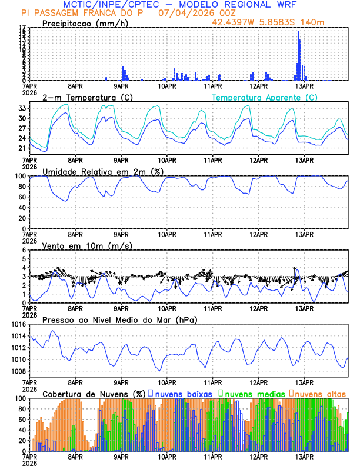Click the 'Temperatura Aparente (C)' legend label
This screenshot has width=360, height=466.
coord(264,97)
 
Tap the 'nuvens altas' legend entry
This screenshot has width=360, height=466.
coord(320,393)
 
